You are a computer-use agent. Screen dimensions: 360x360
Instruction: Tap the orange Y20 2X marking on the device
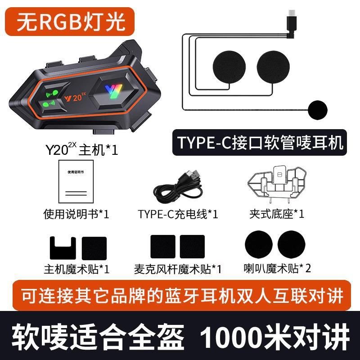75,97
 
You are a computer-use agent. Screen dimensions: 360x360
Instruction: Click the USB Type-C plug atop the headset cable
292,17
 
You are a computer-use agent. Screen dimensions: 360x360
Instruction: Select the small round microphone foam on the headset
318,110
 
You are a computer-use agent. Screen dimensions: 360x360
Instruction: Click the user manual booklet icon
76,181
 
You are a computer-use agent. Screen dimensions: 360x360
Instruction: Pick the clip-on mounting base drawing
277,184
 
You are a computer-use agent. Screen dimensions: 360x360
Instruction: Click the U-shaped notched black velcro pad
63,248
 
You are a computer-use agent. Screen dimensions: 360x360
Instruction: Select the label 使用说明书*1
76,214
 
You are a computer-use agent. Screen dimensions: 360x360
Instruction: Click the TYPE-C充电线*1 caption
178,214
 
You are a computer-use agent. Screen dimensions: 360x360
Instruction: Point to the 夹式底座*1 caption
277,214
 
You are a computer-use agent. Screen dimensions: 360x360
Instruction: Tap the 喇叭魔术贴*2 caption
277,268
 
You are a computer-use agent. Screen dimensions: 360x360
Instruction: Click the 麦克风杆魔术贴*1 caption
178,269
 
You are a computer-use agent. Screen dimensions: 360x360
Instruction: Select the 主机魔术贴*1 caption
76,269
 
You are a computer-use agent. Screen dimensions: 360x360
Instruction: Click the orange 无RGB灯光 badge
70,22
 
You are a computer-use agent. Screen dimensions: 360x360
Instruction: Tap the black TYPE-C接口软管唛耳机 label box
260,143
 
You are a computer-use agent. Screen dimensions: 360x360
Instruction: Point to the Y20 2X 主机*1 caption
82,149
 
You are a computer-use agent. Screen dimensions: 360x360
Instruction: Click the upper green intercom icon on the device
52,93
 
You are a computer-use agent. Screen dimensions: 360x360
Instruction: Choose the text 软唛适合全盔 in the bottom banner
98,337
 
